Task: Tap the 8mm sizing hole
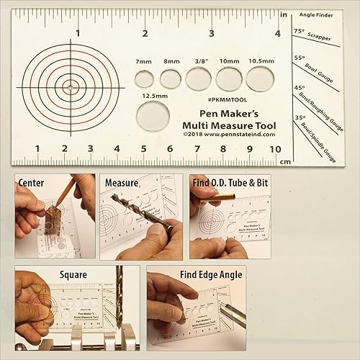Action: [x=171, y=78]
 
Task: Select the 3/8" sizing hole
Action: [x=198, y=78]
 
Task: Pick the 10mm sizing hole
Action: [x=228, y=78]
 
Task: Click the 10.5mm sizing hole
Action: [x=259, y=76]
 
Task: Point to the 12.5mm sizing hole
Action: [x=153, y=115]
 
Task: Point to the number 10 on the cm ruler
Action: [x=274, y=149]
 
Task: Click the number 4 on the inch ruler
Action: [x=278, y=32]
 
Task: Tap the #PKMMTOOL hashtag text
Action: [x=227, y=99]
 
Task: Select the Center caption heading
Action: [x=33, y=183]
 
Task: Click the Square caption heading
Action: [x=74, y=274]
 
